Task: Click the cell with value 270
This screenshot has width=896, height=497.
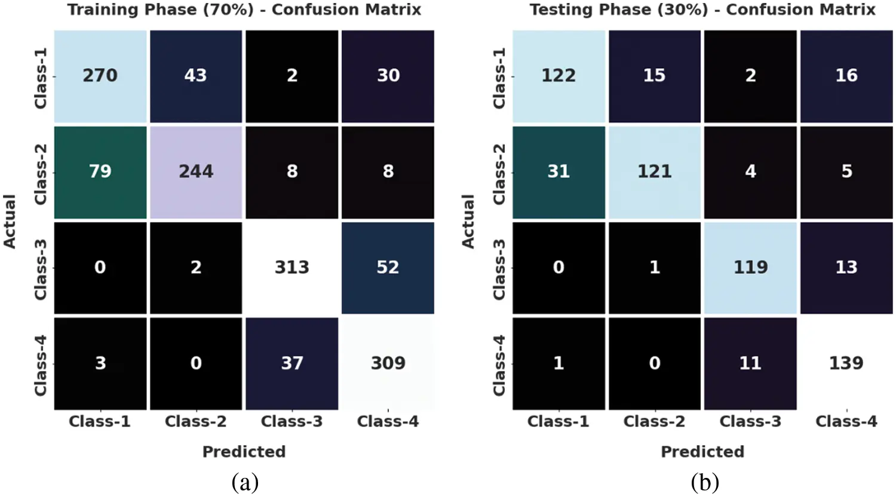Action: pyautogui.click(x=100, y=76)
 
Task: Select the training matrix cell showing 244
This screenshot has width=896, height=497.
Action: pyautogui.click(x=196, y=172)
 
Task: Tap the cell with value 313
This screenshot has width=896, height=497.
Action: pyautogui.click(x=292, y=267)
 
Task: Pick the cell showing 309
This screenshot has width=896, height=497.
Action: pyautogui.click(x=388, y=363)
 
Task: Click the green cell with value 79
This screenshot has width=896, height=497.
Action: pyautogui.click(x=100, y=172)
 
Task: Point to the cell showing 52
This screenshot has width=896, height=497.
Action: pyautogui.click(x=388, y=267)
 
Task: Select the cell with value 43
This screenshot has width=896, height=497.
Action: pyautogui.click(x=196, y=76)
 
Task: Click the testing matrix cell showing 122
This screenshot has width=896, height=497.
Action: pyautogui.click(x=559, y=76)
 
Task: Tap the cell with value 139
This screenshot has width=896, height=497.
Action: pyautogui.click(x=846, y=363)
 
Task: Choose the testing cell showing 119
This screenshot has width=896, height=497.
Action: pyautogui.click(x=750, y=267)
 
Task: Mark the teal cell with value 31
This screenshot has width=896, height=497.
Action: pyautogui.click(x=559, y=172)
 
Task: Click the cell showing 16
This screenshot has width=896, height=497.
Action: pyautogui.click(x=846, y=76)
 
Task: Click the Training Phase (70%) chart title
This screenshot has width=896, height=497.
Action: pyautogui.click(x=244, y=10)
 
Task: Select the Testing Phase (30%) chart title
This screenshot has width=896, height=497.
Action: pyautogui.click(x=702, y=10)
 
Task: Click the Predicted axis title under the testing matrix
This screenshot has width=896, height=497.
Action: pyautogui.click(x=702, y=452)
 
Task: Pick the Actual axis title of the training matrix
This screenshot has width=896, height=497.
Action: pyautogui.click(x=10, y=221)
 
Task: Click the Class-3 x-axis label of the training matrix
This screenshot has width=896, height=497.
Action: pyautogui.click(x=292, y=422)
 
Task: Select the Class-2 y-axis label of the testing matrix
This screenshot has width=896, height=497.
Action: pyautogui.click(x=499, y=173)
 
